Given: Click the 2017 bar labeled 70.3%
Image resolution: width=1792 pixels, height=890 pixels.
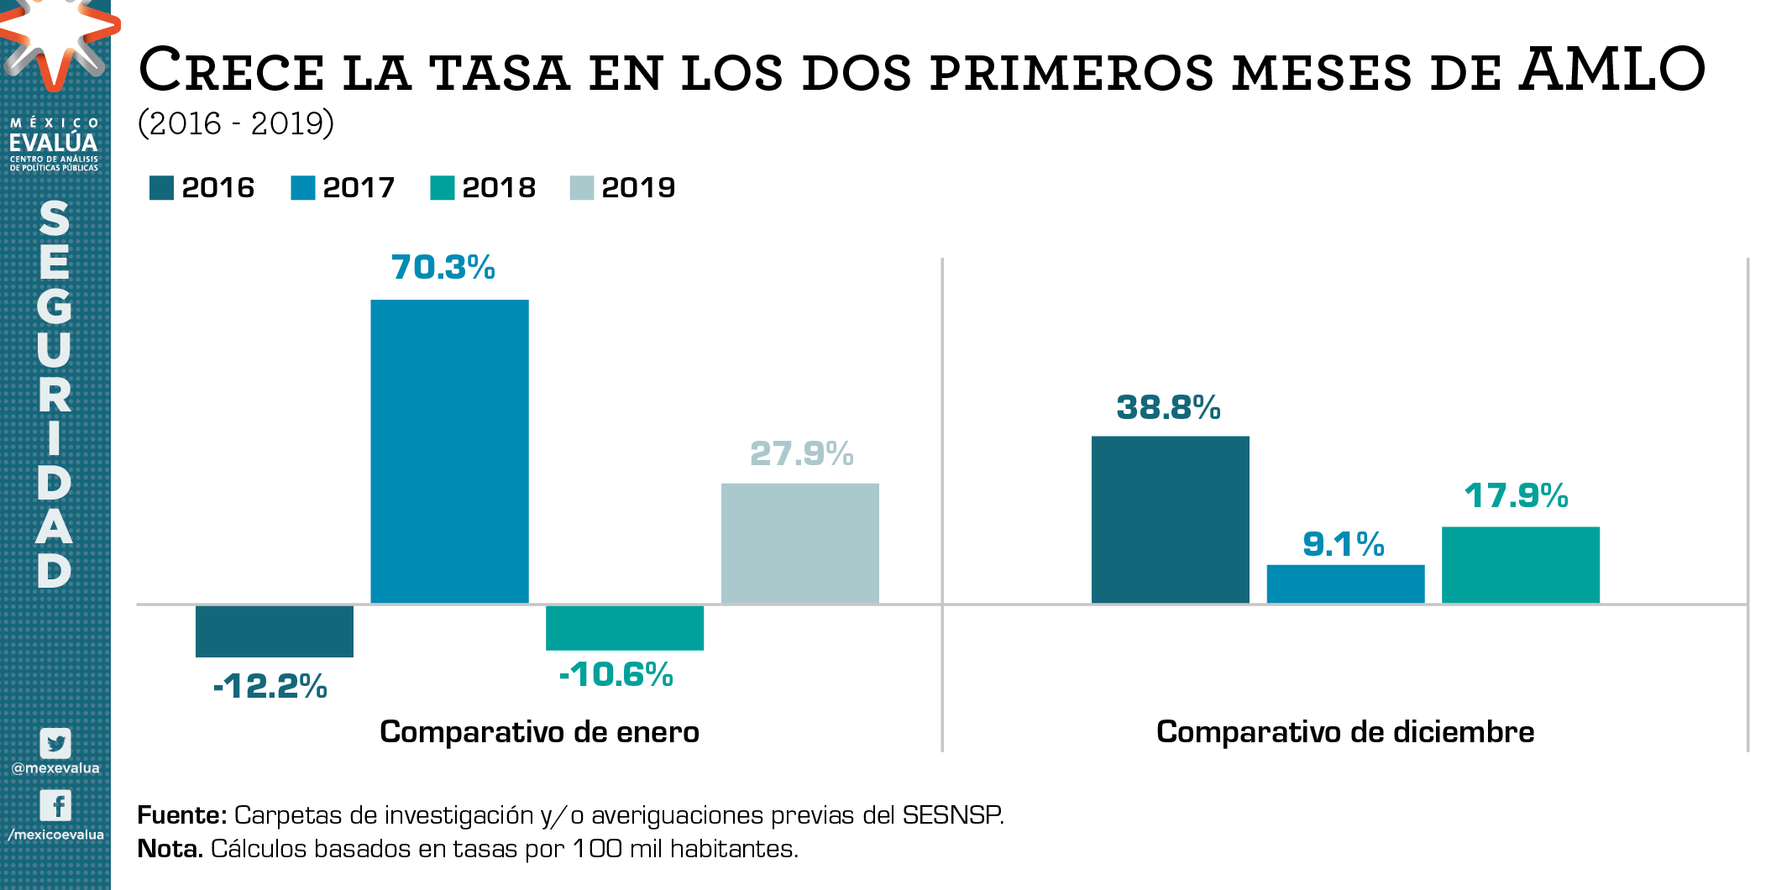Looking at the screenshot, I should pos(449,451).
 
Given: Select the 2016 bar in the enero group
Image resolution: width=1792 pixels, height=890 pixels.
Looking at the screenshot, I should pos(274,631).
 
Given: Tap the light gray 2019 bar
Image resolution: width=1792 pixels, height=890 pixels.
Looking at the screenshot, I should pos(799,542).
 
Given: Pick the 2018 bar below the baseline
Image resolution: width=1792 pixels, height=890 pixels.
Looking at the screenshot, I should pos(624,627).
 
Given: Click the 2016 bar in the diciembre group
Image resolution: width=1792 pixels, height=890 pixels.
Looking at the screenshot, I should pos(1170,519).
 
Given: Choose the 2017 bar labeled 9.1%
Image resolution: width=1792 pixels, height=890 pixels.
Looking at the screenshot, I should pos(1345,584).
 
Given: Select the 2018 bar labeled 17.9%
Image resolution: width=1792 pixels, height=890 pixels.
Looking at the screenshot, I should pos(1520,564).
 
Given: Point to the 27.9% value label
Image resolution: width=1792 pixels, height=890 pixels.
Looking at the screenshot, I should pos(801,453).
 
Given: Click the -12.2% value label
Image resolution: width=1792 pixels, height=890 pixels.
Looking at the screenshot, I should pos(270,686).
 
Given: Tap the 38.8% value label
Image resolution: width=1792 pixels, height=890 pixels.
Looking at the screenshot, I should pos(1168,407).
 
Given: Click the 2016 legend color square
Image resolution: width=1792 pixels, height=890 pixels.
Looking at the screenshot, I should pos(161,188).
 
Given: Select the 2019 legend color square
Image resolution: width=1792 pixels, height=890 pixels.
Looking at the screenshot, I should pos(581,188).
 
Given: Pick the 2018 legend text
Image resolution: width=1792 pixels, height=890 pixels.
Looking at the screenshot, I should pos(499,187).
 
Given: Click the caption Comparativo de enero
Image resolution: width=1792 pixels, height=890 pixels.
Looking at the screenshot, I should pos(539,732).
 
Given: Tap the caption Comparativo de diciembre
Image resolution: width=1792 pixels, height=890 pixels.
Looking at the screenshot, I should pos(1344,732).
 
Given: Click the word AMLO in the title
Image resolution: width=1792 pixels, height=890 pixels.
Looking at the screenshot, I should pos(1611,69).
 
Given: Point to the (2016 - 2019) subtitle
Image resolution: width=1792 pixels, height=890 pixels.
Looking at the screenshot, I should pos(236,123).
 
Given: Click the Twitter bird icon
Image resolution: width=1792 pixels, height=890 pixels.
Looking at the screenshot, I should pos(55,743).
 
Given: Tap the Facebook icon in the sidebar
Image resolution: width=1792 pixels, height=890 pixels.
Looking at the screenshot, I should pos(55,805).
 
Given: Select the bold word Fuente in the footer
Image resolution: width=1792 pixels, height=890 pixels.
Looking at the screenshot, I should pos(181,815).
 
